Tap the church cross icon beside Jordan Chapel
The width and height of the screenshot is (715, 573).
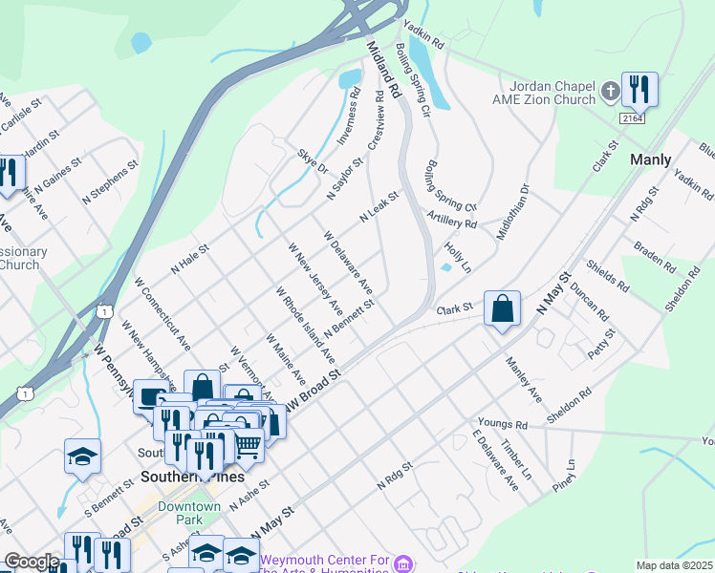pyautogui.click(x=611, y=93)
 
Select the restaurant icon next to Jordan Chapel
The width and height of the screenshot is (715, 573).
pyautogui.click(x=637, y=90)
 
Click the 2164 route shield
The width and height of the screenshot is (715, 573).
pyautogui.click(x=631, y=117)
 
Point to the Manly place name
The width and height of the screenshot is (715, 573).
pyautogui.click(x=651, y=159)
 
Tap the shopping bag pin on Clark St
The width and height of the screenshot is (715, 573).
pyautogui.click(x=502, y=308)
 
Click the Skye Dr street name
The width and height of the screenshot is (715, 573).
pyautogui.click(x=312, y=160)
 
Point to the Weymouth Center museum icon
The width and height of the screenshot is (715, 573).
pyautogui.click(x=403, y=565)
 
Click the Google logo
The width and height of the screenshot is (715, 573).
pyautogui.click(x=32, y=562)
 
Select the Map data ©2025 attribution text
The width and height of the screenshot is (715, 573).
pyautogui.click(x=675, y=565)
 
